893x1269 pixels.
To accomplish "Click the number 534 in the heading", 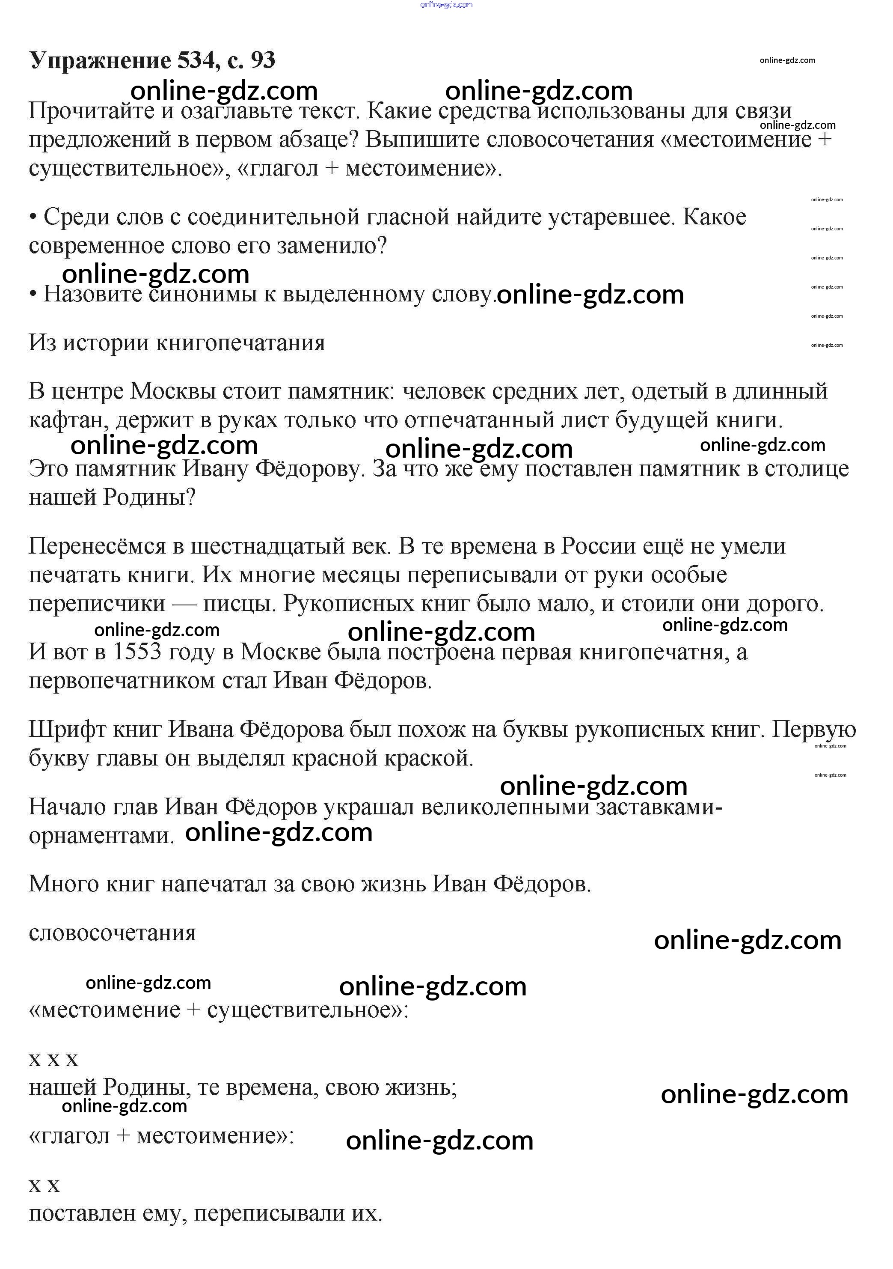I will coord(196,60).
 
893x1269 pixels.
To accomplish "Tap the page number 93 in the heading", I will coord(262,60).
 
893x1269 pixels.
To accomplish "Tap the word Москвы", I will coord(173,391).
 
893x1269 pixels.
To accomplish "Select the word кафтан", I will coord(68,420).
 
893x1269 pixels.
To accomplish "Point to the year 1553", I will coord(137,652).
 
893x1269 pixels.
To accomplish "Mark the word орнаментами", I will coord(101,836).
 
